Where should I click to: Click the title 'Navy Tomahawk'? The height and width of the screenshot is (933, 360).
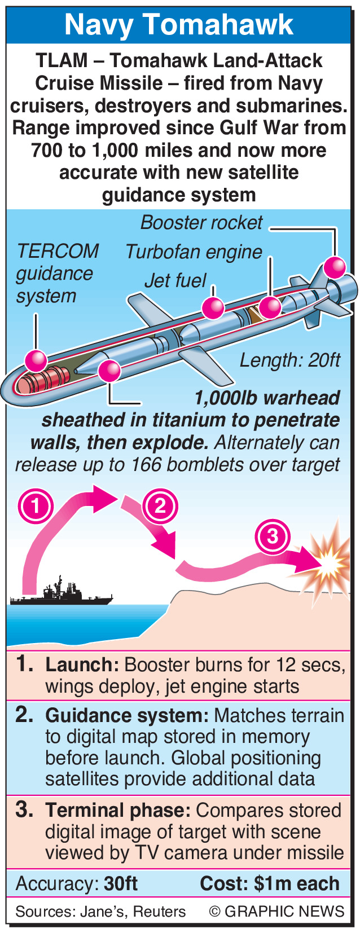(x=179, y=25)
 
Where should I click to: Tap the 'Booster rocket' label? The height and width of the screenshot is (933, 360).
(x=201, y=223)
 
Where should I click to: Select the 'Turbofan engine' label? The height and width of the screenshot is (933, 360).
(x=194, y=252)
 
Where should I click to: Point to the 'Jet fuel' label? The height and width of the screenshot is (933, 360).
(x=175, y=280)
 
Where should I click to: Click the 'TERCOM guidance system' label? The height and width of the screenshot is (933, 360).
(x=56, y=274)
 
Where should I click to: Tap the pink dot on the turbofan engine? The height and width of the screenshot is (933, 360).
(x=270, y=307)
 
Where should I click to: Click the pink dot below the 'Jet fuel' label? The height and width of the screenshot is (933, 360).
(x=213, y=308)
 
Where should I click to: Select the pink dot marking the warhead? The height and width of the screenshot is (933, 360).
(x=109, y=371)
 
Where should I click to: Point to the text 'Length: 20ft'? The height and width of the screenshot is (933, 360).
(x=290, y=360)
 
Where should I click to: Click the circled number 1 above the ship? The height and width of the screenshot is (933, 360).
(x=36, y=505)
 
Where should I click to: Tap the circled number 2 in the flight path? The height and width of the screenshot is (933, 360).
(x=160, y=505)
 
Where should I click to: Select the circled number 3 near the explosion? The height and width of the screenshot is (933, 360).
(x=273, y=535)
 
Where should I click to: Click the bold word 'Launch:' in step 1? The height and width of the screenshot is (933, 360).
(x=82, y=664)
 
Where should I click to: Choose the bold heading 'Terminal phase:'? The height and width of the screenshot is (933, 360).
(x=118, y=811)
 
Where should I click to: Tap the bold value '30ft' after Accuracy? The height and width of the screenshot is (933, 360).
(x=121, y=883)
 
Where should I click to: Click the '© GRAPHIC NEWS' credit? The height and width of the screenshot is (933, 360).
(x=276, y=912)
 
